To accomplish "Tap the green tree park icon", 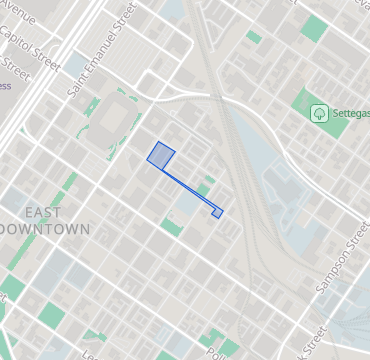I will (319, 113).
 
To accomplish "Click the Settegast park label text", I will (350, 113).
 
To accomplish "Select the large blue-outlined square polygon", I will (161, 155).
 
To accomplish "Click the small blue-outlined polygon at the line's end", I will (217, 212).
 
